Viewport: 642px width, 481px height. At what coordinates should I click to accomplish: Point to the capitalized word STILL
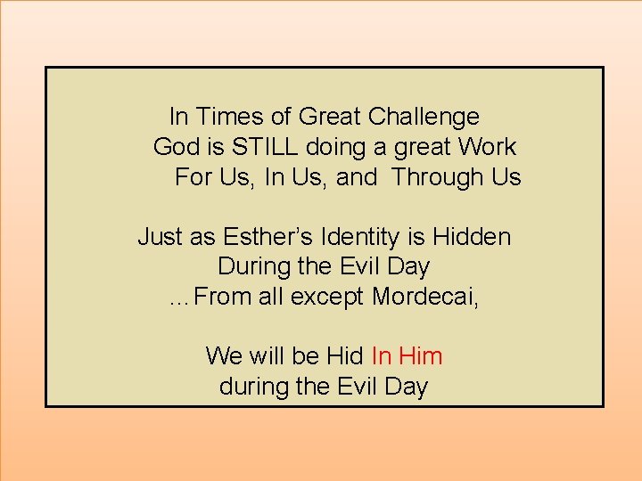tap(259, 146)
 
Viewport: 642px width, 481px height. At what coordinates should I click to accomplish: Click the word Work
tap(486, 146)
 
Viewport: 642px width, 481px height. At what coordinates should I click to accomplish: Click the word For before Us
tap(192, 176)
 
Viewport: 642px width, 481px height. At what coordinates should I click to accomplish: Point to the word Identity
tap(354, 237)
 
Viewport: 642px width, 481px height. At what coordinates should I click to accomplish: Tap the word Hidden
tap(472, 237)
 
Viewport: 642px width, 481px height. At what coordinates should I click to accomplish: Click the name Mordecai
tap(424, 297)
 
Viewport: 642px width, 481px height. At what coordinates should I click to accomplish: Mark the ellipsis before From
tap(179, 299)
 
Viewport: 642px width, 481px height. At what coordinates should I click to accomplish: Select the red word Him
tap(421, 356)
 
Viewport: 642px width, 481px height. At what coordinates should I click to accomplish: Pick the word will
tap(267, 356)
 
